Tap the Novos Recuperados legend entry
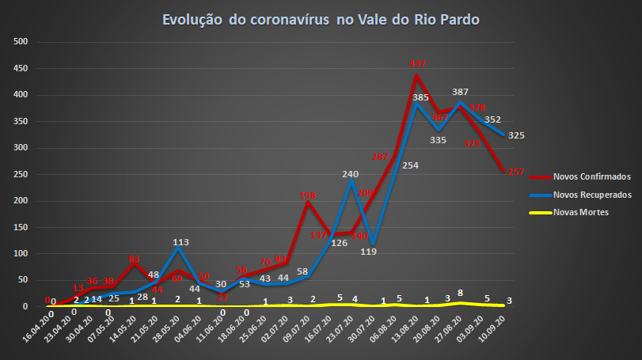click(x=581, y=195)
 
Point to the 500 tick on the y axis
click(x=21, y=42)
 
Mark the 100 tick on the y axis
click(x=21, y=253)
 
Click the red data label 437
click(x=419, y=63)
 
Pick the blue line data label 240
click(x=351, y=173)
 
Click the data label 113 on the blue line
click(x=180, y=243)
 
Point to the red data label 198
click(x=308, y=195)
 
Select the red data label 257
click(x=516, y=172)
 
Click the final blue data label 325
click(x=516, y=135)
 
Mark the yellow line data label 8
click(x=461, y=293)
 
